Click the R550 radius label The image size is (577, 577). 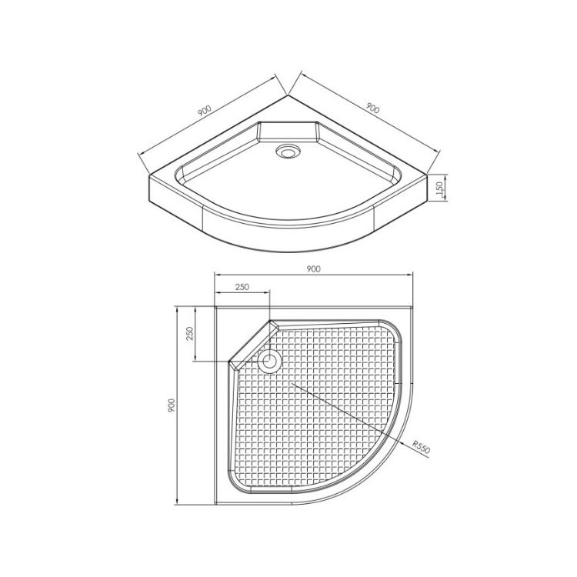click(x=422, y=446)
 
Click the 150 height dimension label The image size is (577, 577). click(x=439, y=188)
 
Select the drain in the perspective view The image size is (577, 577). click(x=288, y=152)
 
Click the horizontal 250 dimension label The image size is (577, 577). click(x=242, y=287)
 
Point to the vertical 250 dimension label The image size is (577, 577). click(x=189, y=334)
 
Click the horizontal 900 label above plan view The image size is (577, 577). click(x=313, y=269)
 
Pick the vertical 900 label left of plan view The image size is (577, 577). click(x=172, y=405)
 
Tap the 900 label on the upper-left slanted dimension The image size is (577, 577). click(x=204, y=111)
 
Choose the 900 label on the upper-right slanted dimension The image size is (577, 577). click(x=372, y=108)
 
